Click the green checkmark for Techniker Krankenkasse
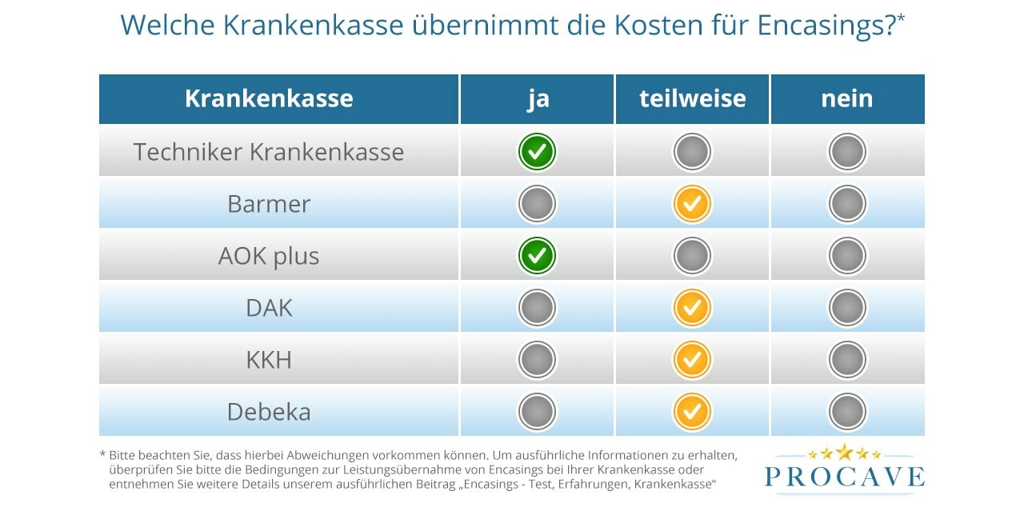tap(537, 152)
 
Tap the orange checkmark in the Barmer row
tap(692, 204)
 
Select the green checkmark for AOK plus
tap(537, 256)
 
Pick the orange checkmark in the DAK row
tap(692, 308)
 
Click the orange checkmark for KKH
tap(692, 360)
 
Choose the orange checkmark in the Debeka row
tap(692, 412)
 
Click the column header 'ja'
tap(538, 98)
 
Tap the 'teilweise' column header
tap(692, 98)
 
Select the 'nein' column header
tap(846, 98)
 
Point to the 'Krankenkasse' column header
tap(269, 98)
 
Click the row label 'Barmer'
tap(269, 204)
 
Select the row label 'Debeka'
tap(269, 412)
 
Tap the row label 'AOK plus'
tap(269, 256)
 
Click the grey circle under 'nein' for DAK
tap(847, 308)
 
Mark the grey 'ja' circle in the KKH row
tap(537, 360)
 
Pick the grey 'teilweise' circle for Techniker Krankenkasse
tap(692, 152)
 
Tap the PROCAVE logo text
tap(844, 477)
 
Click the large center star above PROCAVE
tap(844, 452)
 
